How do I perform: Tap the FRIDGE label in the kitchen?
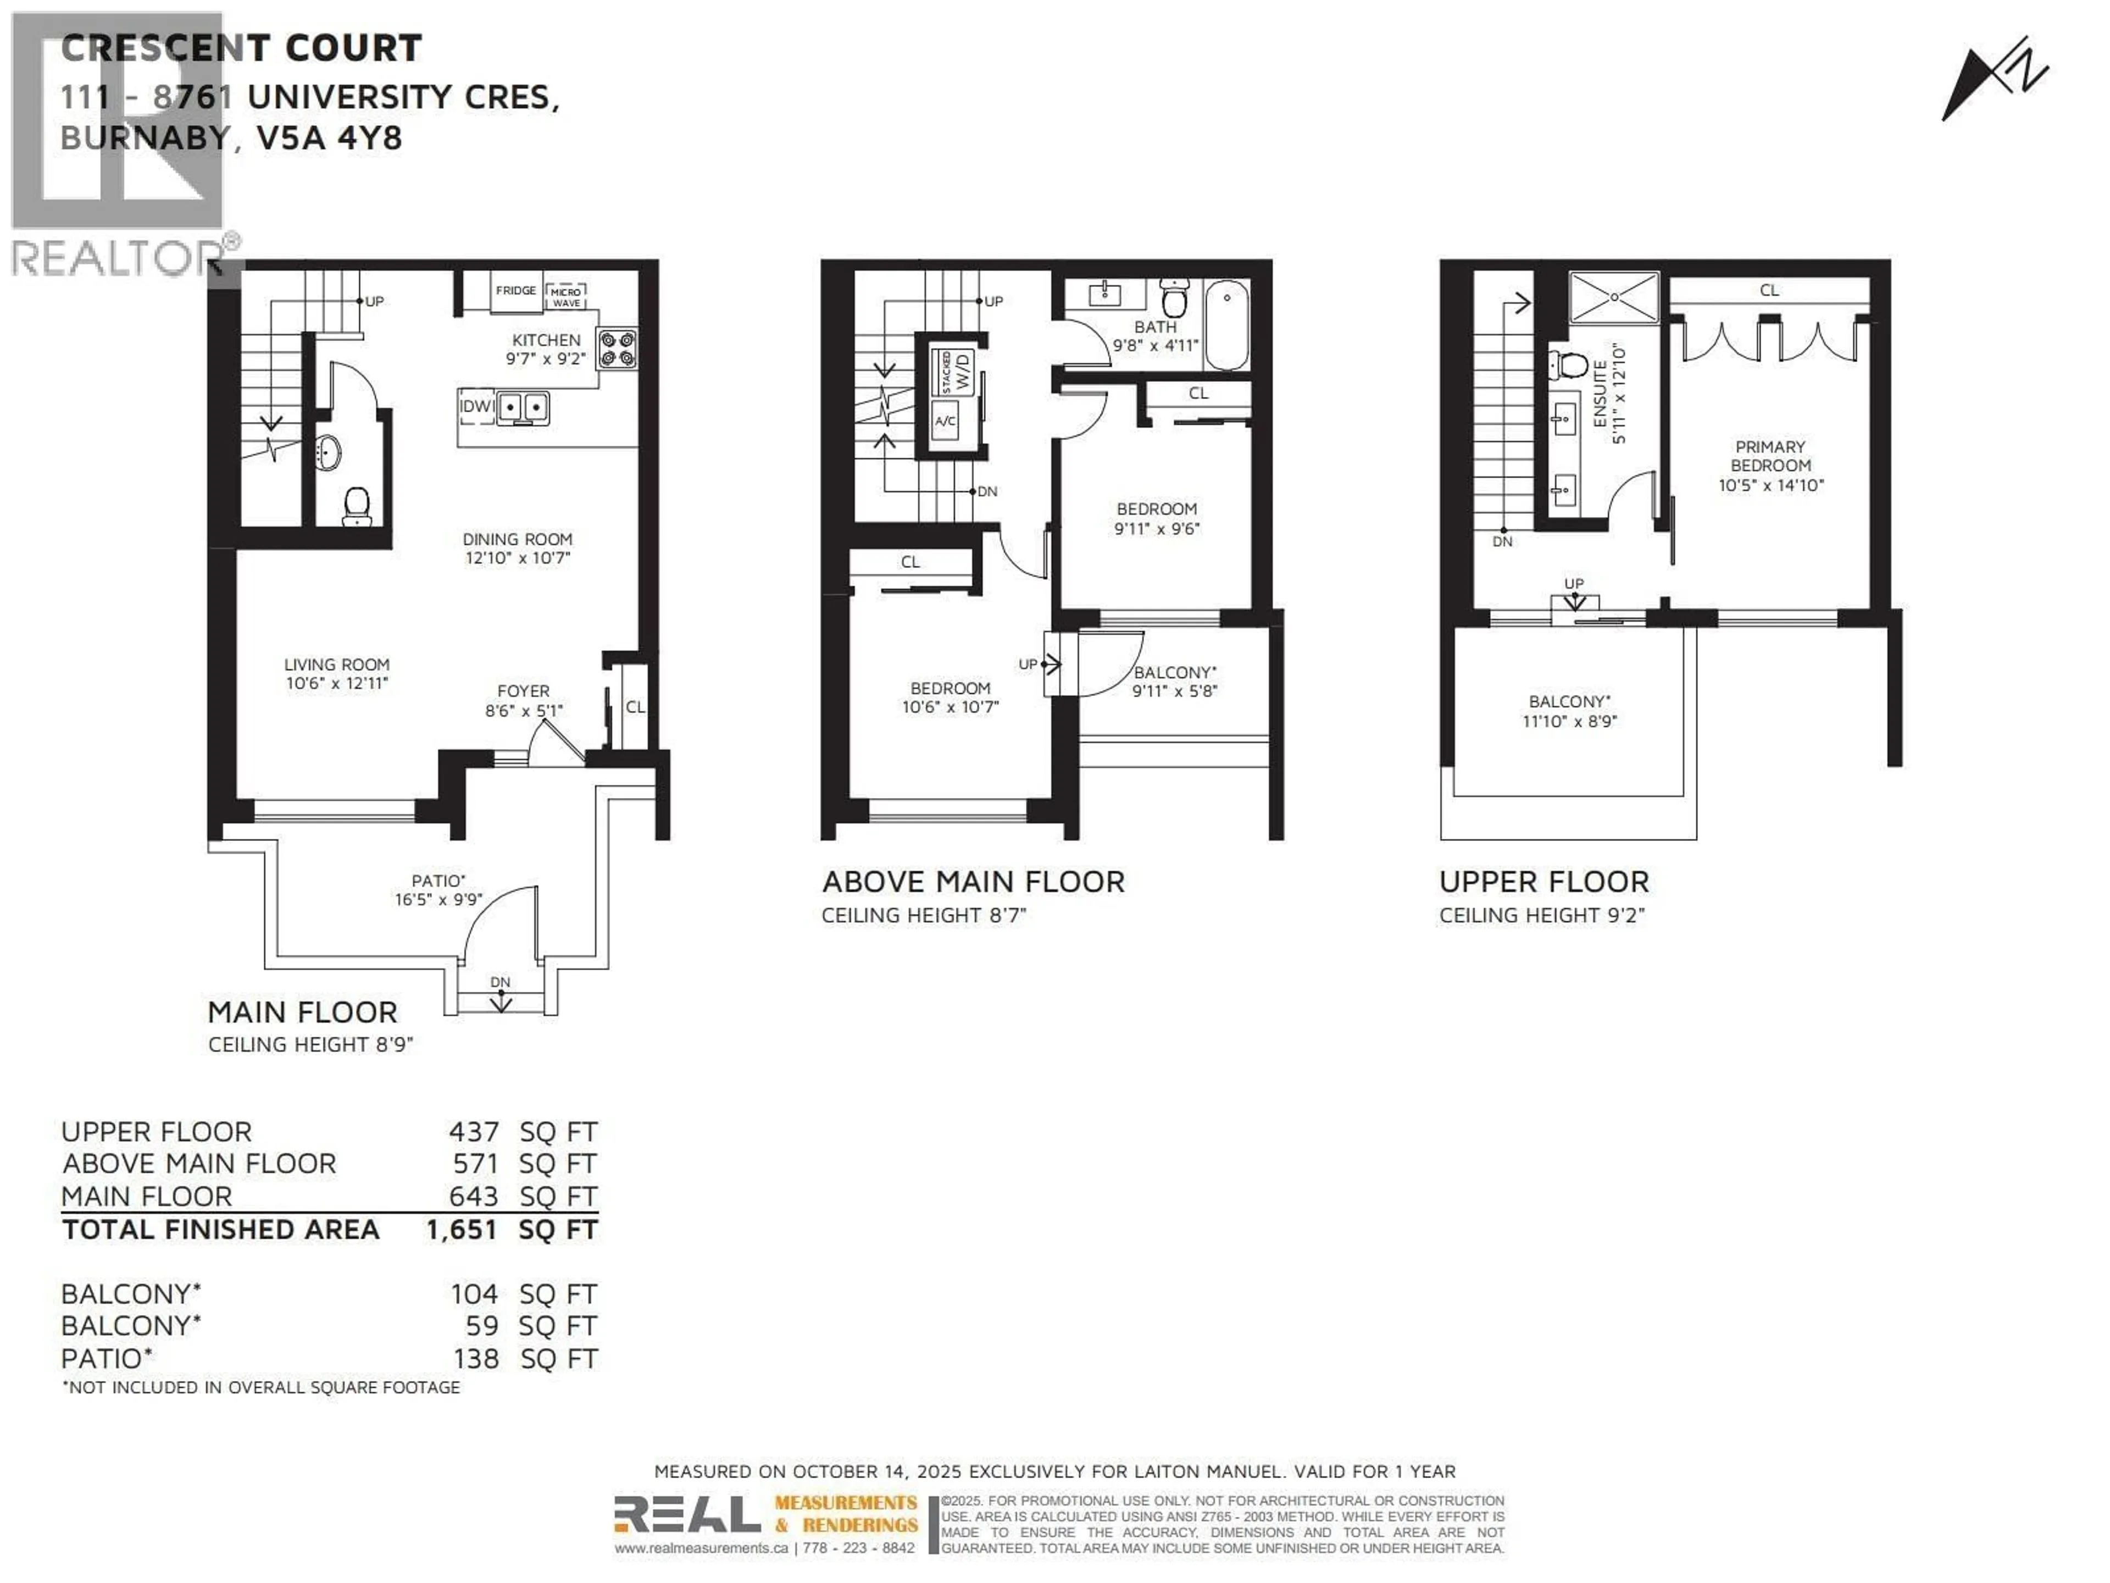tap(515, 290)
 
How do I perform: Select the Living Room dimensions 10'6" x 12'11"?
tap(337, 683)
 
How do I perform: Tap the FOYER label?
tap(523, 691)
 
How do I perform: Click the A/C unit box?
tap(945, 421)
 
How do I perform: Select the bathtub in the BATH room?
tap(1226, 325)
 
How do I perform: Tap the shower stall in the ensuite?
tap(1614, 298)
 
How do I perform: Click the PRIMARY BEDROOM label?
tap(1770, 456)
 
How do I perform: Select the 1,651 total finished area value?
tap(462, 1230)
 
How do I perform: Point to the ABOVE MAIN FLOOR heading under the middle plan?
tap(973, 882)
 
